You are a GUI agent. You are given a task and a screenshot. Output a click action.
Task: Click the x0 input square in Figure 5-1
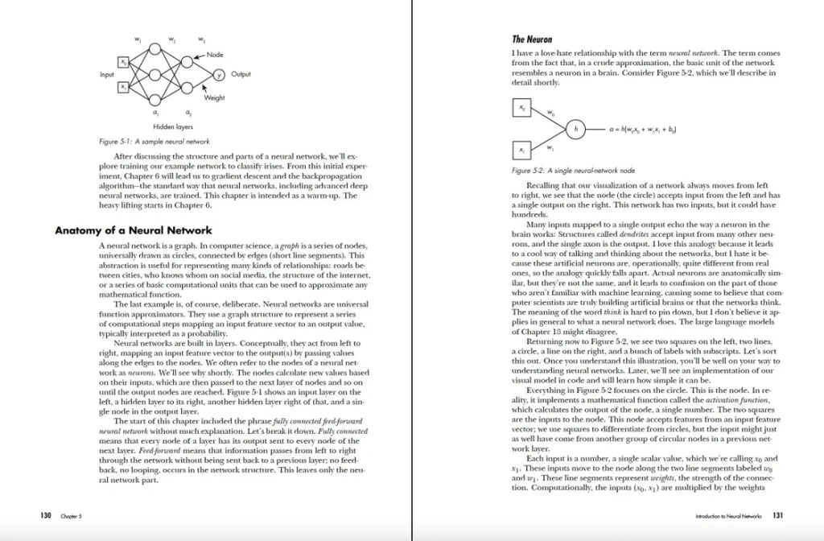[123, 62]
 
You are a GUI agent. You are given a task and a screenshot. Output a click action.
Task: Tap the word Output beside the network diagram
[241, 74]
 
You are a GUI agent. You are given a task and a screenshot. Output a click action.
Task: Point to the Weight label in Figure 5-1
[214, 97]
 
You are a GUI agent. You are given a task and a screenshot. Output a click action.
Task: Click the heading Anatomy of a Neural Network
[133, 230]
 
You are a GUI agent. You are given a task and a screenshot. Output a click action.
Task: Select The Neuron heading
[532, 39]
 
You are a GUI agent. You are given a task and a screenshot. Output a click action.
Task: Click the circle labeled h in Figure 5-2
[575, 128]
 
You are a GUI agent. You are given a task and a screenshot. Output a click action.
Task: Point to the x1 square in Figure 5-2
[521, 150]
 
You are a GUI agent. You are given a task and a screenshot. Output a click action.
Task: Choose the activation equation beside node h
[643, 128]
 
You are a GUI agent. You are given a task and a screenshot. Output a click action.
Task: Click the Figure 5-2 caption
[562, 171]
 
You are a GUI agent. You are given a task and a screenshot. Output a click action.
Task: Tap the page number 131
[778, 514]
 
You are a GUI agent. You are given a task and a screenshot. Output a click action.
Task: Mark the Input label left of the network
[107, 74]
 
